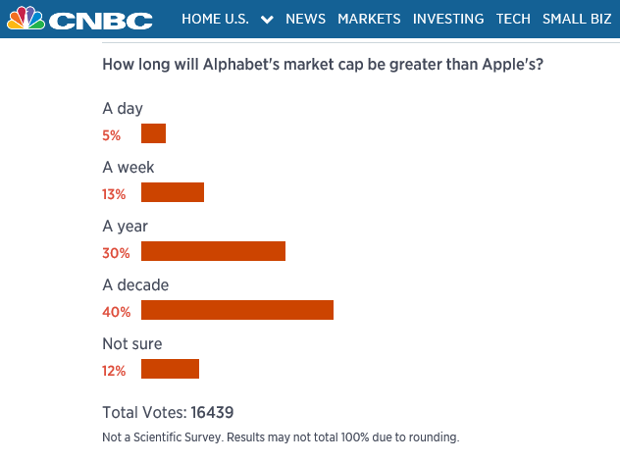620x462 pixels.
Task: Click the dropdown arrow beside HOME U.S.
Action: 267,20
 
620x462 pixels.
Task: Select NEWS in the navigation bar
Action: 306,19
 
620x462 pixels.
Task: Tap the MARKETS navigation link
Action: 369,19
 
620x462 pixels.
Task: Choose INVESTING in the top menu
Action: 448,19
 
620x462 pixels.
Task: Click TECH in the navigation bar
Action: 513,19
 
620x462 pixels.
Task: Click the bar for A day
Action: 153,133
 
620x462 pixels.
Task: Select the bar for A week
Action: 173,192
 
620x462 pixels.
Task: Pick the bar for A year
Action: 213,251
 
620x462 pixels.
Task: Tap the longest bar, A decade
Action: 237,310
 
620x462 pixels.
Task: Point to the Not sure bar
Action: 170,369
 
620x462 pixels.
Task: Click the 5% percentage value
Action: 111,135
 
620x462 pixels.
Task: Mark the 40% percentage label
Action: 116,312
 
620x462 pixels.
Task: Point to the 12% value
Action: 114,371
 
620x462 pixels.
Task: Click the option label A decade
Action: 135,285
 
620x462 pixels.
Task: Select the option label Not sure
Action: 131,344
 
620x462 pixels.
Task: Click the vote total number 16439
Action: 212,412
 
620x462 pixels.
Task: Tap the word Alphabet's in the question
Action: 213,66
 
